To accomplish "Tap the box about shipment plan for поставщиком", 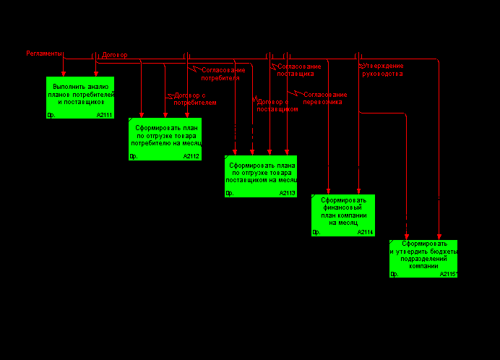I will (x=261, y=176).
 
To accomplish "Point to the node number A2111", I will (x=104, y=115).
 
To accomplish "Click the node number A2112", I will (x=191, y=156).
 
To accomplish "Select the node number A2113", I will (x=286, y=193).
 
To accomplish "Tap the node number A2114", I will (x=364, y=232).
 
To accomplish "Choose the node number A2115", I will (x=448, y=274).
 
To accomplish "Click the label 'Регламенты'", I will (x=44, y=53).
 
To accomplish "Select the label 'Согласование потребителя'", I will (x=223, y=74).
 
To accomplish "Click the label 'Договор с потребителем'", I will (x=194, y=99).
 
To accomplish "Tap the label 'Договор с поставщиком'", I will (x=277, y=106).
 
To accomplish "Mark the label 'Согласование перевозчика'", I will (x=324, y=98).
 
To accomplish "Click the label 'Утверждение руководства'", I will (x=382, y=69).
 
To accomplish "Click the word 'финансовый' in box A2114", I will (x=343, y=207).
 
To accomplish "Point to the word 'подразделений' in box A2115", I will (x=423, y=258).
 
